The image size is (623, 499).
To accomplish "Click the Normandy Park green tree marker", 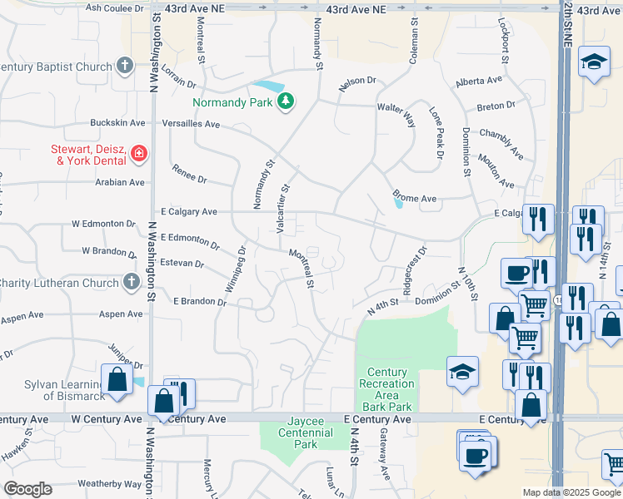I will tap(287, 101).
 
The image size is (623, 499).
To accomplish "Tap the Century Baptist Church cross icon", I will tap(125, 65).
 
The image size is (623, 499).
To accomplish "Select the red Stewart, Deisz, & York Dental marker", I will tap(137, 152).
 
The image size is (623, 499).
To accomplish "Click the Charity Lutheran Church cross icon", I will tap(131, 282).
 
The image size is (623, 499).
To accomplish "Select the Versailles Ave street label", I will tap(191, 124).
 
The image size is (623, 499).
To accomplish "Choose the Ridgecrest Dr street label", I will tap(414, 268).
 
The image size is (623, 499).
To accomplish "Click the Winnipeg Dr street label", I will tap(233, 268).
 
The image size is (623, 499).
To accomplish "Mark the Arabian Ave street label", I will tap(119, 182).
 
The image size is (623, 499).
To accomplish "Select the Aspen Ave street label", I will tap(121, 314).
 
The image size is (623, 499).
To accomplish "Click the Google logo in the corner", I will tap(27, 489).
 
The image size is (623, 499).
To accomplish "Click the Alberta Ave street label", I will tap(479, 82).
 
